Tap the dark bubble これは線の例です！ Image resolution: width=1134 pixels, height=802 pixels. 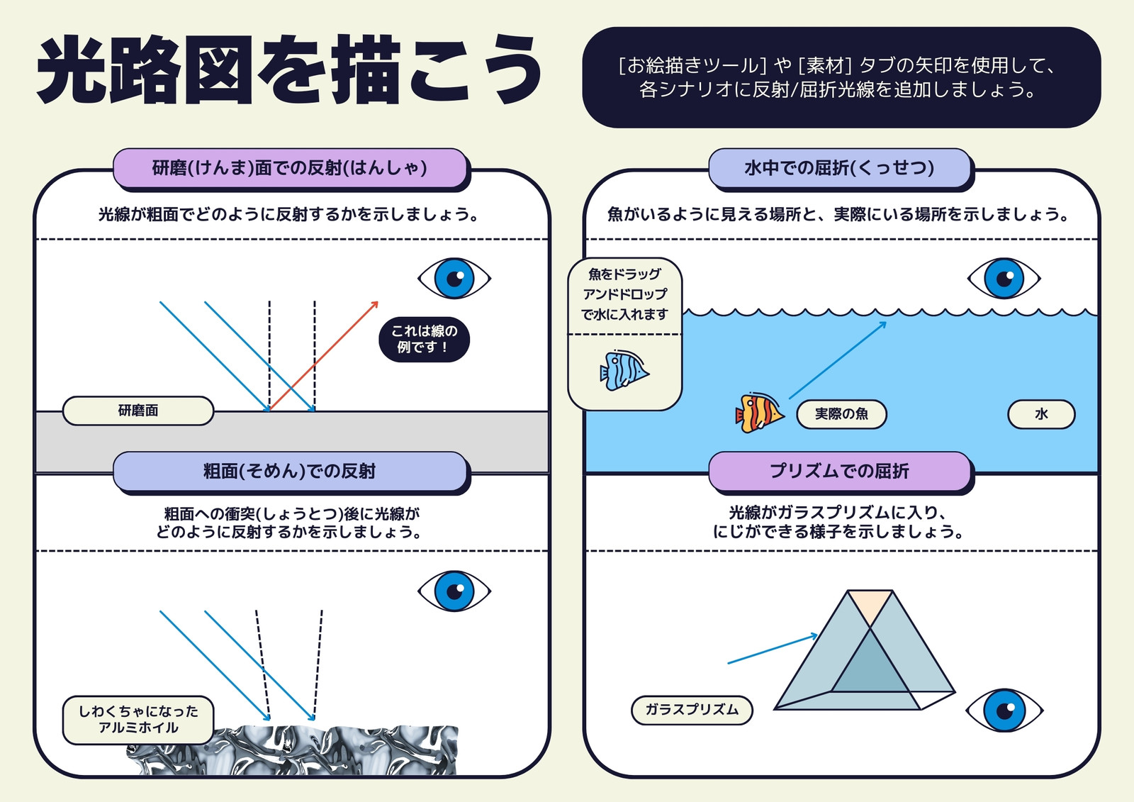click(x=425, y=339)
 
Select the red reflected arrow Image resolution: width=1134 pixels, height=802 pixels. click(x=324, y=356)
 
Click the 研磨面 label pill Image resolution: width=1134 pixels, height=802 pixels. click(x=138, y=411)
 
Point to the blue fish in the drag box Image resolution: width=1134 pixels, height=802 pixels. click(x=624, y=371)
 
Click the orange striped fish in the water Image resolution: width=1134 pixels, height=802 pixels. click(x=759, y=413)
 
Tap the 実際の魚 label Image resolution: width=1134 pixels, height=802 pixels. click(x=841, y=414)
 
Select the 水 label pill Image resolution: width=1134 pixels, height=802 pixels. click(x=1041, y=414)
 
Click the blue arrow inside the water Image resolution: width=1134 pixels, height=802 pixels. click(x=838, y=360)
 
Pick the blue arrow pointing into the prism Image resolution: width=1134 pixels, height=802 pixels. click(x=773, y=649)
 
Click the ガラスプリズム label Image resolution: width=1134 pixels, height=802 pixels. click(x=692, y=710)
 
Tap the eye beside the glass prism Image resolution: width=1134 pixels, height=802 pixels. click(x=1004, y=710)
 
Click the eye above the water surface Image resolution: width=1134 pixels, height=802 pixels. click(x=1004, y=278)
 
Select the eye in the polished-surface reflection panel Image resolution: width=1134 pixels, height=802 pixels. click(x=454, y=278)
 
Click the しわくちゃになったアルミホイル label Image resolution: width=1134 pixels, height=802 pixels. click(x=138, y=720)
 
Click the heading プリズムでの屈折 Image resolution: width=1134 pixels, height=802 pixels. click(x=839, y=471)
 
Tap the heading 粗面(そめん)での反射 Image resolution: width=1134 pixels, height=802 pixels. click(x=290, y=471)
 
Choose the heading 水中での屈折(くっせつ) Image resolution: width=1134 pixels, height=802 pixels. click(x=839, y=167)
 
